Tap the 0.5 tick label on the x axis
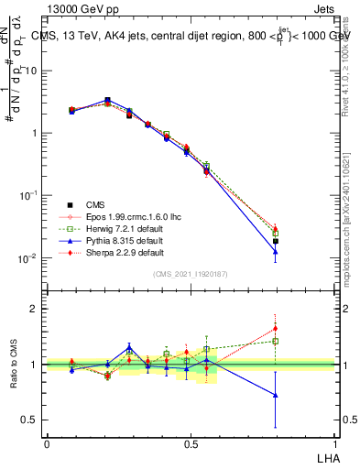(191, 442)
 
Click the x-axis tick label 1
(335, 442)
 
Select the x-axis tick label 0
(47, 442)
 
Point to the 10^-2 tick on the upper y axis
(29, 257)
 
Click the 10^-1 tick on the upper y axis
(29, 195)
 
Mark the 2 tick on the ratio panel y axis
(35, 309)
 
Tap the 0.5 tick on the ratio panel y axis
(30, 420)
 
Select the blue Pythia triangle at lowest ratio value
(276, 396)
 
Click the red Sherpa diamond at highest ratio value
(276, 328)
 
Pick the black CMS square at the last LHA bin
(276, 241)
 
